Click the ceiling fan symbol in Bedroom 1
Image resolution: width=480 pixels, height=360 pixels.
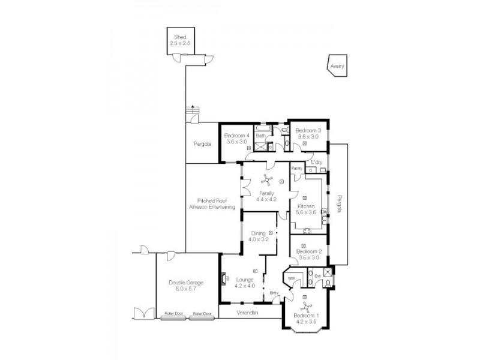pyautogui.click(x=307, y=308)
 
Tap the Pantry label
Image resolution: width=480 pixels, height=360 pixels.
pyautogui.click(x=296, y=169)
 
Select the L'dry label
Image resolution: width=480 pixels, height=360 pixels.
pyautogui.click(x=316, y=162)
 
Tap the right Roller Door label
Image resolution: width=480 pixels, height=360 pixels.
pyautogui.click(x=203, y=314)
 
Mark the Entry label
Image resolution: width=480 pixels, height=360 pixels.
pyautogui.click(x=275, y=293)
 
